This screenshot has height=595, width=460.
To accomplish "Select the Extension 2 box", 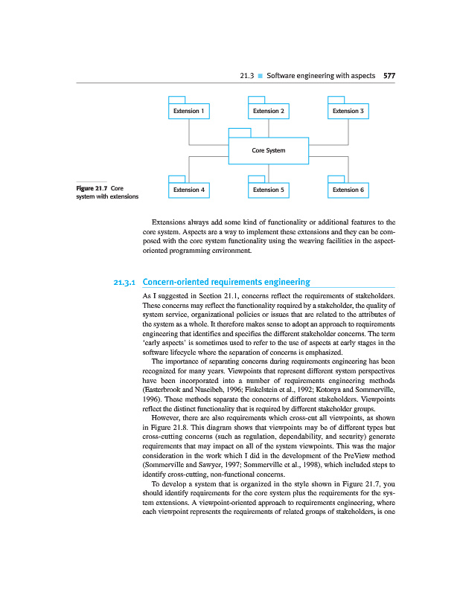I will point(268,112).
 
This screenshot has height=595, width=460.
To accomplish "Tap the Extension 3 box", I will point(348,112).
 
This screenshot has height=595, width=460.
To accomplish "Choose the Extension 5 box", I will point(268,190).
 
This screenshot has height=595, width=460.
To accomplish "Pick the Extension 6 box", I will point(348,190).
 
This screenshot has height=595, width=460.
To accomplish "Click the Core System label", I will point(268,150).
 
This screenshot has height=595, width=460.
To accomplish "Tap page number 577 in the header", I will point(389,76).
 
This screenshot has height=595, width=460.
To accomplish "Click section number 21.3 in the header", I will point(247,76).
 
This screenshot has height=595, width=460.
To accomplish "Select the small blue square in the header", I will point(261,76).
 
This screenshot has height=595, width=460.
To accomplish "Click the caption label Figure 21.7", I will point(92,188).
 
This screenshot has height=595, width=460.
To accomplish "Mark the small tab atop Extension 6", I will point(336,178).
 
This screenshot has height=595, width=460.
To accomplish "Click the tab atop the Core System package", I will point(239,133).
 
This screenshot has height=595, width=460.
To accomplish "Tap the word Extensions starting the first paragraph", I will point(169,222).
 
